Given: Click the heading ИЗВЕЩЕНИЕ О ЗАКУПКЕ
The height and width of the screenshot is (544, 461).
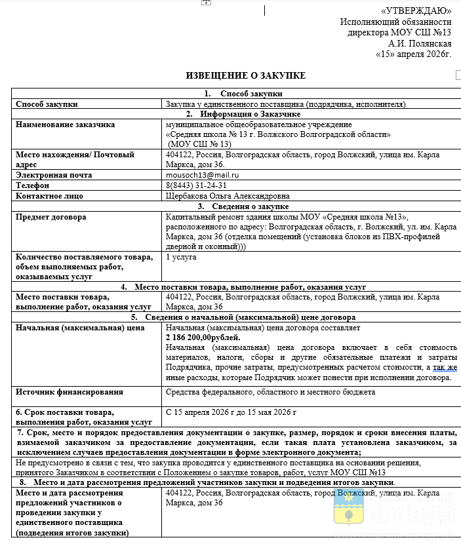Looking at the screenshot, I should click(x=246, y=76).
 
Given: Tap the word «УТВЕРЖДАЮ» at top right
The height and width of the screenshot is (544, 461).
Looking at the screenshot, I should click(x=416, y=10).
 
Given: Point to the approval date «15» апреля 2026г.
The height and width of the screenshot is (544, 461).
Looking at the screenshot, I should click(x=413, y=54).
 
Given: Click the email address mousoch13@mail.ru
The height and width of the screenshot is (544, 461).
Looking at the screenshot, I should click(x=203, y=176).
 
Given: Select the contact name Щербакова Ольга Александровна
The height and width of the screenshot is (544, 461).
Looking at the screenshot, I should click(x=228, y=196).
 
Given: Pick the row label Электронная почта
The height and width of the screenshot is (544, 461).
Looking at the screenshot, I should click(x=54, y=176).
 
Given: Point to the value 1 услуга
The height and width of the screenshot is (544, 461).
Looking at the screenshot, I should click(x=181, y=257).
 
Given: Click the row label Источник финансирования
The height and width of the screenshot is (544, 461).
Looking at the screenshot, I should click(x=70, y=392).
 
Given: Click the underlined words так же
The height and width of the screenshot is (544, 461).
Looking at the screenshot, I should click(x=445, y=368).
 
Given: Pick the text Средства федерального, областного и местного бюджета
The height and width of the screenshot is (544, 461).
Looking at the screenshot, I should click(x=271, y=392).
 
